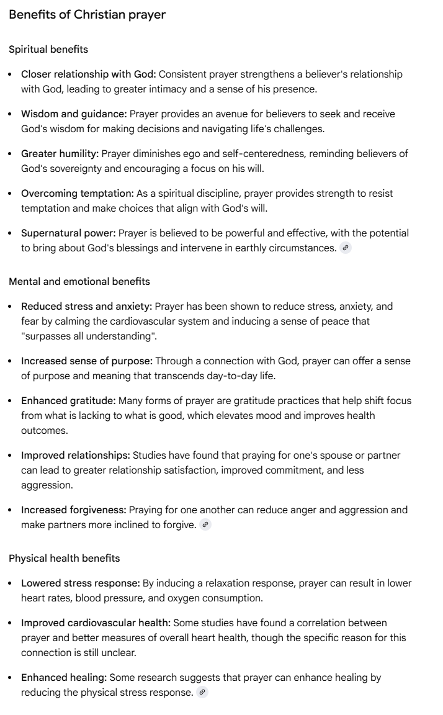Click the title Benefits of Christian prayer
87,14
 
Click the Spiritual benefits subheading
48,49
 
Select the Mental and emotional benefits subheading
79,281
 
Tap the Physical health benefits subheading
65,558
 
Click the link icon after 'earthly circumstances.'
346,248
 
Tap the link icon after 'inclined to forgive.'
205,524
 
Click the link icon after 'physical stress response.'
202,692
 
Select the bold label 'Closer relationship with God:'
89,74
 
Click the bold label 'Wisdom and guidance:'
74,114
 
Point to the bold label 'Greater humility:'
60,153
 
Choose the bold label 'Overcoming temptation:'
78,193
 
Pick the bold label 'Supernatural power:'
68,233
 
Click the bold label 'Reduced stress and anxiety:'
86,306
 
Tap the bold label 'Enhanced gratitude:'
68,400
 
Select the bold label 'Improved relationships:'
76,455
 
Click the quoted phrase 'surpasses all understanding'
88,336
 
